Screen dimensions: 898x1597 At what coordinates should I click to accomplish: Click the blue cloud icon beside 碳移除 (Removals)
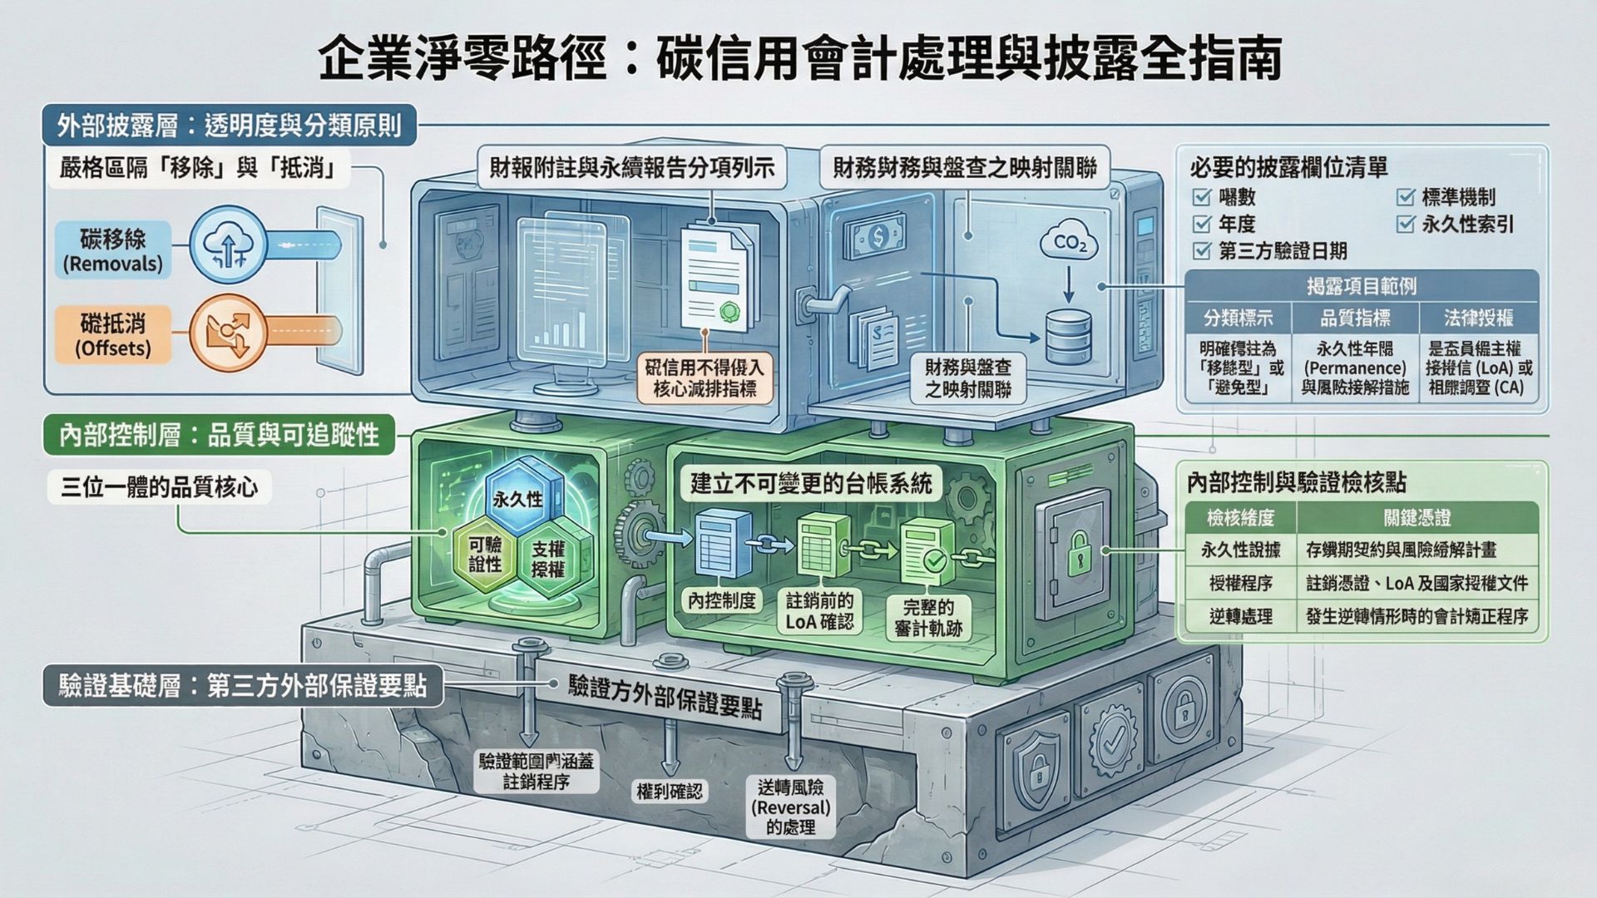click(228, 246)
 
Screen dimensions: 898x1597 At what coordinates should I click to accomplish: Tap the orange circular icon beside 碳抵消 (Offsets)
click(228, 332)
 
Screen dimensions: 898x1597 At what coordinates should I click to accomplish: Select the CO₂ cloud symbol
click(1069, 243)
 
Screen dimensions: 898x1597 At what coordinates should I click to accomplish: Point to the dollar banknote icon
click(878, 238)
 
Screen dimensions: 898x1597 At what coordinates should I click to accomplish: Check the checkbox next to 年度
click(1201, 224)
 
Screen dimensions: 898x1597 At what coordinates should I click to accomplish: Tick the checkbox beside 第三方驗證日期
click(1201, 251)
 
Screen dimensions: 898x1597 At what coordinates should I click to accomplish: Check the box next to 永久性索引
click(1406, 224)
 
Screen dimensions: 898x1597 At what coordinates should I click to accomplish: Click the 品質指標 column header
click(1355, 318)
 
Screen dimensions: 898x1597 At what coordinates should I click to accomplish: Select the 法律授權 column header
click(1478, 318)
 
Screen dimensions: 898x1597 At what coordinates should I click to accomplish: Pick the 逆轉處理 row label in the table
click(1240, 616)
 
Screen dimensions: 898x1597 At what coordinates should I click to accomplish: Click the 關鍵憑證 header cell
click(1417, 518)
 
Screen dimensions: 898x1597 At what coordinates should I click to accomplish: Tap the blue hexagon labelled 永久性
click(517, 498)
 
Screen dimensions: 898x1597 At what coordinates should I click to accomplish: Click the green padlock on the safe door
click(1078, 552)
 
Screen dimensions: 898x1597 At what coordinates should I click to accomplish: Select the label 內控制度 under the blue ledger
click(722, 600)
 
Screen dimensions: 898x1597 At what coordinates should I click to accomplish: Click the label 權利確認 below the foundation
click(669, 792)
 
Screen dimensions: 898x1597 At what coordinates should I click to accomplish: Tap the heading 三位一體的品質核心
click(160, 487)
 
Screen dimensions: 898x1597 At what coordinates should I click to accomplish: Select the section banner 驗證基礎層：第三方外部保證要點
click(242, 687)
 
